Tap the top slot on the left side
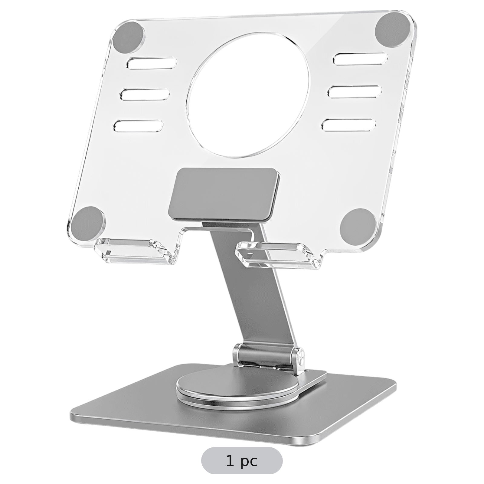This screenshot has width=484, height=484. pyautogui.click(x=152, y=63)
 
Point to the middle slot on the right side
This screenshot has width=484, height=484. pyautogui.click(x=355, y=92)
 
